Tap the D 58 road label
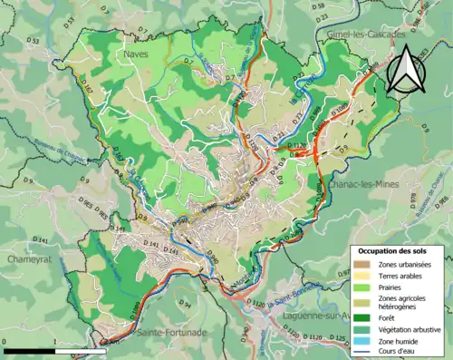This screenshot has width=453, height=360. point(323,7)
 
